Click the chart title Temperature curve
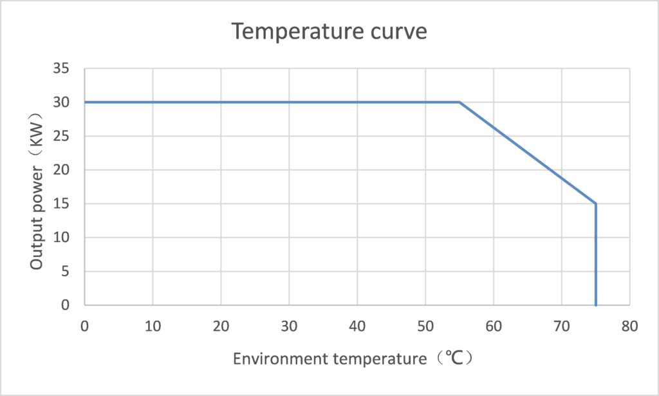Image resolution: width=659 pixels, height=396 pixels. tap(329, 31)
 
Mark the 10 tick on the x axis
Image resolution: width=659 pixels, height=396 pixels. tap(153, 326)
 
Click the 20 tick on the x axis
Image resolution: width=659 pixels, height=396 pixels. tap(221, 326)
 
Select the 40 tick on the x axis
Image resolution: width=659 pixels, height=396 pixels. tap(357, 326)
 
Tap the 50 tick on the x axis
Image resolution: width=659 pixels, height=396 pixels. tap(425, 326)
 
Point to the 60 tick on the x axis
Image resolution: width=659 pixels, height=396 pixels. tap(494, 326)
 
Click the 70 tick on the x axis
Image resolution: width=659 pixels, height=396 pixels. tap(562, 326)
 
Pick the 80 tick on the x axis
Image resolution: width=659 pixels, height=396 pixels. tap(630, 326)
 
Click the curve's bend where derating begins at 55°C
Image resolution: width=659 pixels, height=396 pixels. tap(459, 102)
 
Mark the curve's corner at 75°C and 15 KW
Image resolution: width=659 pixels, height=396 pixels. tap(596, 203)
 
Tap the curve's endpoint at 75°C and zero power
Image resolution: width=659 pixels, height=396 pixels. tap(596, 305)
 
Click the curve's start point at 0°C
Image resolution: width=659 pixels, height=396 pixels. tap(85, 102)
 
